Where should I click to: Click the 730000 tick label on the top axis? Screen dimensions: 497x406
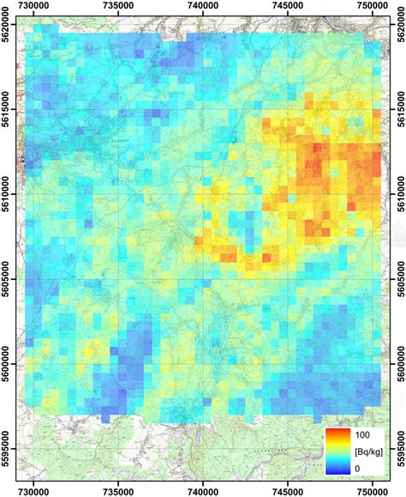34,7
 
